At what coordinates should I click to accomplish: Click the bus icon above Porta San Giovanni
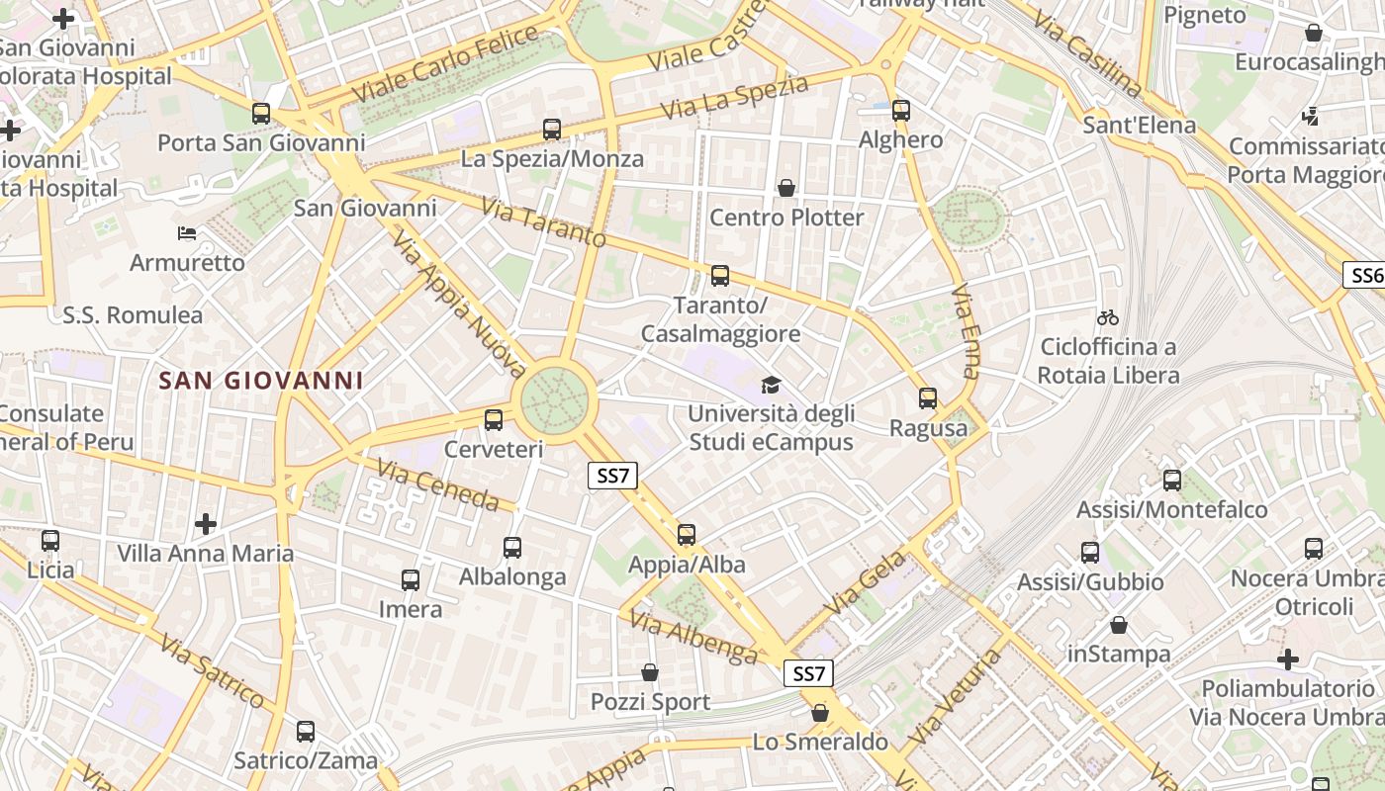click(x=261, y=113)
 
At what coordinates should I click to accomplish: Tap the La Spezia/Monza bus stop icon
click(x=552, y=129)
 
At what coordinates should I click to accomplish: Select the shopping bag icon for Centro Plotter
click(x=786, y=188)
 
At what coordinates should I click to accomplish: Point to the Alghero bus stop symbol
click(x=900, y=110)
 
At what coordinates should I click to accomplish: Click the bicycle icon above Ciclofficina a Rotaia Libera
click(x=1108, y=317)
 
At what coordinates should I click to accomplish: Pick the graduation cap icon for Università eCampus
click(x=771, y=385)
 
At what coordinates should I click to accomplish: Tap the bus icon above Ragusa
click(x=928, y=398)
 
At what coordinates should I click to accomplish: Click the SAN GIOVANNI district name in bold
click(x=261, y=381)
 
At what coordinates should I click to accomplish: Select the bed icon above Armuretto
click(x=187, y=233)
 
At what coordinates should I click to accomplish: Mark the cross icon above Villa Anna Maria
click(x=206, y=523)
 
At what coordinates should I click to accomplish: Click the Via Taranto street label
click(x=543, y=222)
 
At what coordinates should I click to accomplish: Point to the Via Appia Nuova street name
click(x=458, y=305)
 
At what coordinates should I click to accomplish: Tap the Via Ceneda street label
click(x=438, y=484)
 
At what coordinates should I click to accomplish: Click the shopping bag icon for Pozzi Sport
click(x=650, y=672)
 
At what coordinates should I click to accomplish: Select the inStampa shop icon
click(x=1119, y=625)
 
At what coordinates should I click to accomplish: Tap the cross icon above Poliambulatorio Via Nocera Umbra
click(x=1288, y=659)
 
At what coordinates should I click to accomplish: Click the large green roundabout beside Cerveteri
click(x=555, y=400)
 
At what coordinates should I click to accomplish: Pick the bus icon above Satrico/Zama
click(x=306, y=732)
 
